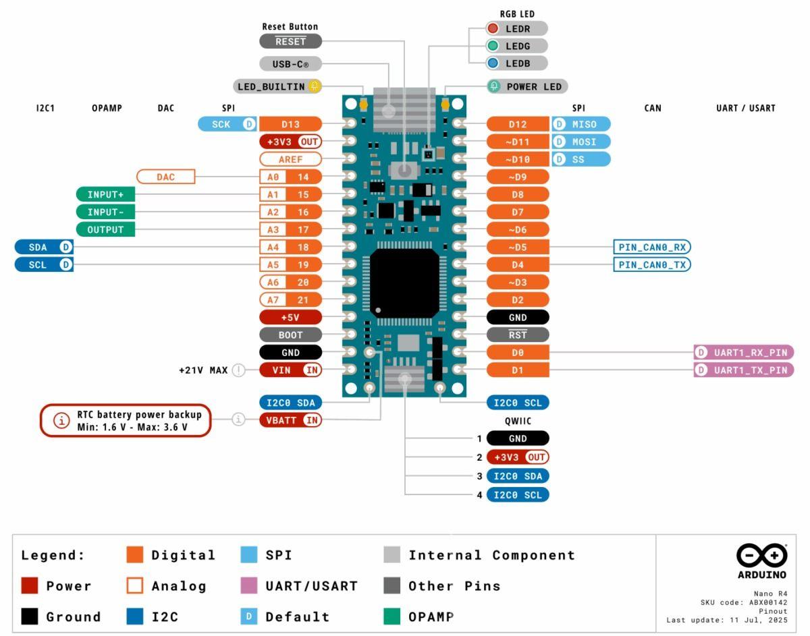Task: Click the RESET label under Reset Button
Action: point(290,41)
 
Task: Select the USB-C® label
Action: point(290,64)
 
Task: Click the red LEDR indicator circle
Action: point(493,28)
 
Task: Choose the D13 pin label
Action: point(290,124)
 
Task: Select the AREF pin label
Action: point(290,159)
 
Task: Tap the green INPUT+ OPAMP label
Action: point(105,194)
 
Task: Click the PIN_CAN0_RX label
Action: point(651,247)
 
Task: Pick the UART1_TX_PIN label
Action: point(744,370)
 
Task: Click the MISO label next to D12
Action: point(580,124)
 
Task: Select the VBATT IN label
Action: point(290,420)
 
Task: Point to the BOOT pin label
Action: point(290,335)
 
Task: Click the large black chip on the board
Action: point(404,283)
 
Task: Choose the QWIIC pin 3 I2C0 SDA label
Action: point(518,476)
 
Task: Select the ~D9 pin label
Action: point(517,177)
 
